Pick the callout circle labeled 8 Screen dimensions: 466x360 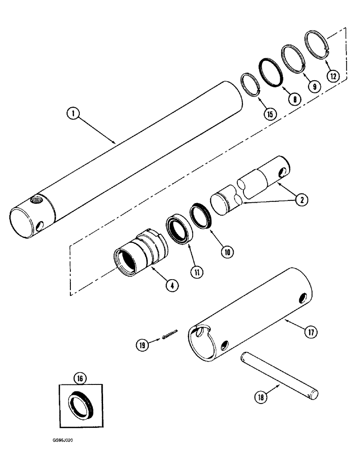(294, 98)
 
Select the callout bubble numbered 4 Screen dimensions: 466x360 (172, 286)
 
